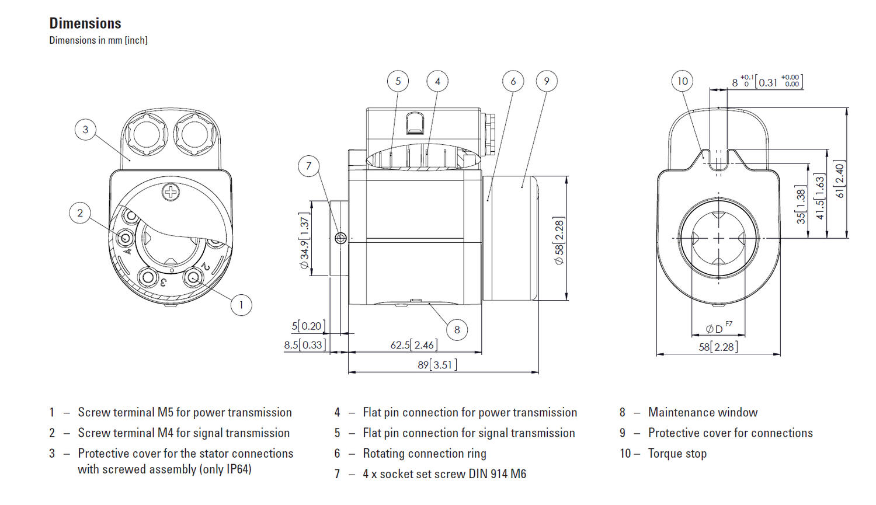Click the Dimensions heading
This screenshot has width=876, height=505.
pyautogui.click(x=85, y=23)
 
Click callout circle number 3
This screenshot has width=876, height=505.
pyautogui.click(x=85, y=130)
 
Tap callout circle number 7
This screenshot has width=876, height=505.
pyautogui.click(x=309, y=166)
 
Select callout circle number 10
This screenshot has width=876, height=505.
pyautogui.click(x=682, y=81)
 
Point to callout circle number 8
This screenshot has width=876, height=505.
pyautogui.click(x=457, y=330)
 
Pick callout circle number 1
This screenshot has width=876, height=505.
pyautogui.click(x=241, y=305)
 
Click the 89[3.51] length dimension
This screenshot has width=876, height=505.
pyautogui.click(x=437, y=365)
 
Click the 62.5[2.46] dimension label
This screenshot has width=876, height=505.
pyautogui.click(x=413, y=345)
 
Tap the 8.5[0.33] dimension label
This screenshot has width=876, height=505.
pyautogui.click(x=304, y=345)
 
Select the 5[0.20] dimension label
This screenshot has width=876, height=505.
pyautogui.click(x=308, y=326)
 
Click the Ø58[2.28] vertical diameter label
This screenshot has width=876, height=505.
pyautogui.click(x=559, y=241)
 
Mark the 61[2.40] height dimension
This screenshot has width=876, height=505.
pyautogui.click(x=839, y=180)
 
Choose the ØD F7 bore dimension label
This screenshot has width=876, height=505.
pyautogui.click(x=718, y=328)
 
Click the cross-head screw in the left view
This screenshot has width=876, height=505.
pyautogui.click(x=171, y=192)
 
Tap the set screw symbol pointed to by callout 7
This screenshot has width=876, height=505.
pyautogui.click(x=342, y=238)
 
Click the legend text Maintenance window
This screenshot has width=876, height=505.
pyautogui.click(x=703, y=413)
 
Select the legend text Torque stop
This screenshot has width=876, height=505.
pyautogui.click(x=677, y=454)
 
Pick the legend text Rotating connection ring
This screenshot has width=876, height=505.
pyautogui.click(x=424, y=454)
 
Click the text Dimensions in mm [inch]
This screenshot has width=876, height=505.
pyautogui.click(x=98, y=40)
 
